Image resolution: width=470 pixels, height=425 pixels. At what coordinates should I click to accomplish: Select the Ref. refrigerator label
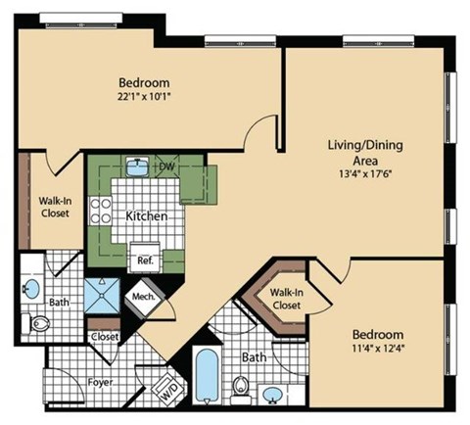click(x=144, y=260)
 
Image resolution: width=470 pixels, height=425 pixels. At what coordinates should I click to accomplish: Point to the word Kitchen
click(x=145, y=215)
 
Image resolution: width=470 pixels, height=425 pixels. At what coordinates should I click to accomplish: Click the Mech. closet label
click(x=144, y=297)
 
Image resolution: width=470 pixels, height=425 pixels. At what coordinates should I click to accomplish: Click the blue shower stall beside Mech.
click(x=100, y=294)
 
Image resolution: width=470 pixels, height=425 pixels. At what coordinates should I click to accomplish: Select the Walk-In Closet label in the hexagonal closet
click(x=285, y=299)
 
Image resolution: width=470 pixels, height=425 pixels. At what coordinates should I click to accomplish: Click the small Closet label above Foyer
click(x=104, y=336)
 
